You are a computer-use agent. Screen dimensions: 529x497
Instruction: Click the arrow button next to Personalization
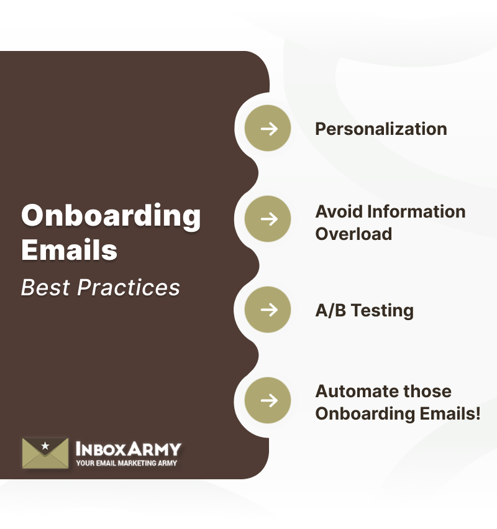click(x=268, y=129)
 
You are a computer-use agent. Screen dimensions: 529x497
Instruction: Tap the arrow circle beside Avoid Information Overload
click(x=268, y=219)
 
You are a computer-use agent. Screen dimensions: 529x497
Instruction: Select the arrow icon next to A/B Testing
click(x=268, y=310)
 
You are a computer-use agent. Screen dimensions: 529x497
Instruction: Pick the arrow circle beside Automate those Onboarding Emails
click(x=268, y=400)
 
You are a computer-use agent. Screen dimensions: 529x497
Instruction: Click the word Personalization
click(x=381, y=129)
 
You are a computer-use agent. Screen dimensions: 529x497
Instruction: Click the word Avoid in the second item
click(x=339, y=211)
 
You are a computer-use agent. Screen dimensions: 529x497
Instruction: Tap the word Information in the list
click(x=416, y=211)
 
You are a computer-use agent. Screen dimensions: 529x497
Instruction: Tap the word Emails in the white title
click(x=70, y=250)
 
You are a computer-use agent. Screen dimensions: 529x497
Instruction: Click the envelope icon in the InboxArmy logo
click(x=45, y=453)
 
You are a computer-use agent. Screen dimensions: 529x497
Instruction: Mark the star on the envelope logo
click(x=45, y=446)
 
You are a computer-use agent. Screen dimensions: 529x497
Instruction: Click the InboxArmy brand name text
click(x=128, y=448)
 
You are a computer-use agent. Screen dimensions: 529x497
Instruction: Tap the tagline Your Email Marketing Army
click(x=126, y=463)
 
